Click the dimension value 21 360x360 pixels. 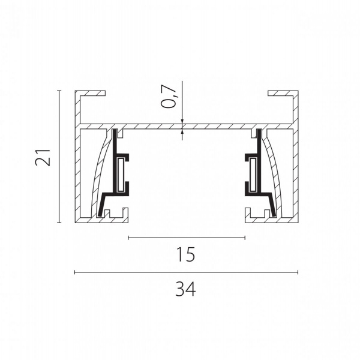pyautogui.click(x=43, y=157)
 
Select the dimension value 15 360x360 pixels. pyautogui.click(x=185, y=254)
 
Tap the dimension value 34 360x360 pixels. pyautogui.click(x=185, y=289)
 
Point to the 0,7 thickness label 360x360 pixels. pyautogui.click(x=169, y=97)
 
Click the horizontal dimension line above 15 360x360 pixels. pyautogui.click(x=187, y=238)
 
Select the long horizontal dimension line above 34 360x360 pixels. pyautogui.click(x=186, y=272)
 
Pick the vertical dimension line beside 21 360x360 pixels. pyautogui.click(x=59, y=157)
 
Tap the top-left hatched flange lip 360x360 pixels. pyautogui.click(x=92, y=93)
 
